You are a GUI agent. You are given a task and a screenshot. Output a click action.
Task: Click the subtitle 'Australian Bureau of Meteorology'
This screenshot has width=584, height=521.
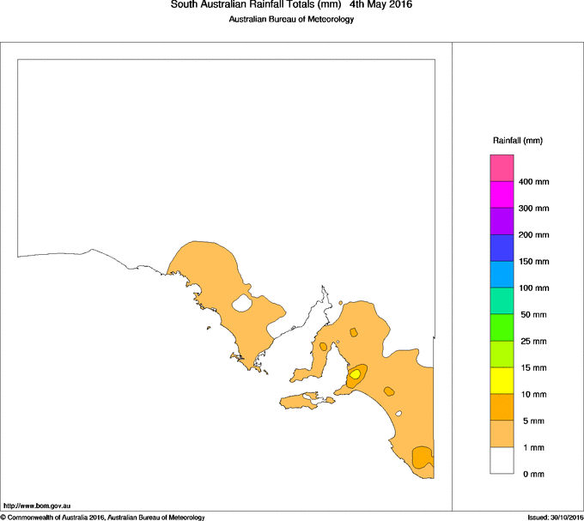tap(291, 20)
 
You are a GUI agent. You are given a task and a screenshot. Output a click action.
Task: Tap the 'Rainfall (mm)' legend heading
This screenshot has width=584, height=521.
tap(517, 140)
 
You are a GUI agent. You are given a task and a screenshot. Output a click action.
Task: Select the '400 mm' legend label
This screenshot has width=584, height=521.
tap(533, 182)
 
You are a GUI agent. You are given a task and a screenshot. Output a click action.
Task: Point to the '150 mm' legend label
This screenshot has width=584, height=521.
tap(533, 262)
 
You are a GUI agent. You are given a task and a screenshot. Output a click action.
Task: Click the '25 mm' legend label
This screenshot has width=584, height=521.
tap(532, 342)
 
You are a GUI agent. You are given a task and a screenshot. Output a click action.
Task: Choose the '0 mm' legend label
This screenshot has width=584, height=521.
tap(532, 475)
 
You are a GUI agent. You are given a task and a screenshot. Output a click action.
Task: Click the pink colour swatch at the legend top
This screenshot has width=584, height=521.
tap(502, 167)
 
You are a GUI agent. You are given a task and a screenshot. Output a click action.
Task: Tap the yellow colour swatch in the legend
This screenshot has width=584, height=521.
tap(502, 380)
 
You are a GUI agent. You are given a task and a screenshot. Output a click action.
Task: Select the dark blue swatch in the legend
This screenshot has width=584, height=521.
tap(502, 247)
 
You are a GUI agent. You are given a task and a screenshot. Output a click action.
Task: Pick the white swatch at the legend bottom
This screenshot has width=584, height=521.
tap(502, 461)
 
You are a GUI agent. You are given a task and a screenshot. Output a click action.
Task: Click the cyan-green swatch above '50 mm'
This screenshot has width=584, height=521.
tap(502, 300)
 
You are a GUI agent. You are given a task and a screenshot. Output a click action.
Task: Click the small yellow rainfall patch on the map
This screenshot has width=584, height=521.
tap(355, 374)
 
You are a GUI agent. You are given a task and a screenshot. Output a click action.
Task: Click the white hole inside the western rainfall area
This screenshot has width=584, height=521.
tap(241, 303)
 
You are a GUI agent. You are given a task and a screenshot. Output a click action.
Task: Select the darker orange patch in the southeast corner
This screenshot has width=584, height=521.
tap(421, 457)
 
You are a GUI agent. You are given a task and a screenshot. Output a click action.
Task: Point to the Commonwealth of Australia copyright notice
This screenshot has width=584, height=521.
tap(102, 517)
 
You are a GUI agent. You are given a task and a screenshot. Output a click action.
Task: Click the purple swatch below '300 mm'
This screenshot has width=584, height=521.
tap(502, 221)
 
